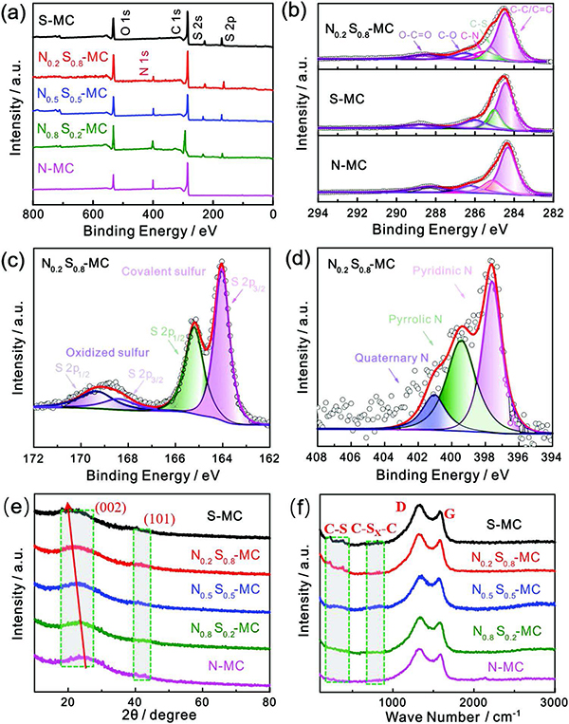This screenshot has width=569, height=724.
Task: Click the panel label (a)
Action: [x=15, y=11]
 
